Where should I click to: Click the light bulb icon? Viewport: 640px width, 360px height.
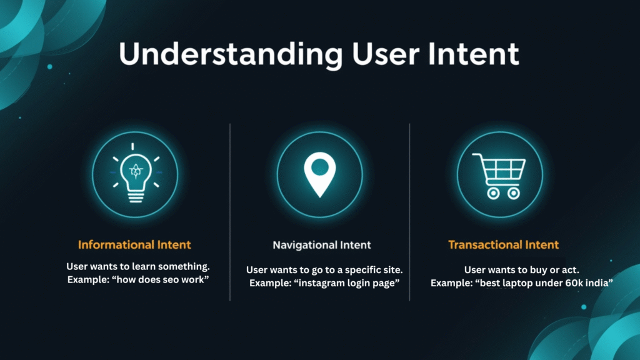(135, 174)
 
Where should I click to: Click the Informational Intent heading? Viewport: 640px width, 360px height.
(134, 244)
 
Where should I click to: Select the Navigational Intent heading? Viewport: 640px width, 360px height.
(322, 245)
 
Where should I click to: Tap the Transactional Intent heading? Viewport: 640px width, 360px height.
(503, 244)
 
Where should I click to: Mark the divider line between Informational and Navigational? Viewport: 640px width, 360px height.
(230, 212)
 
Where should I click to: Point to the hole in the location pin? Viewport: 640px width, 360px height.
(319, 167)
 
